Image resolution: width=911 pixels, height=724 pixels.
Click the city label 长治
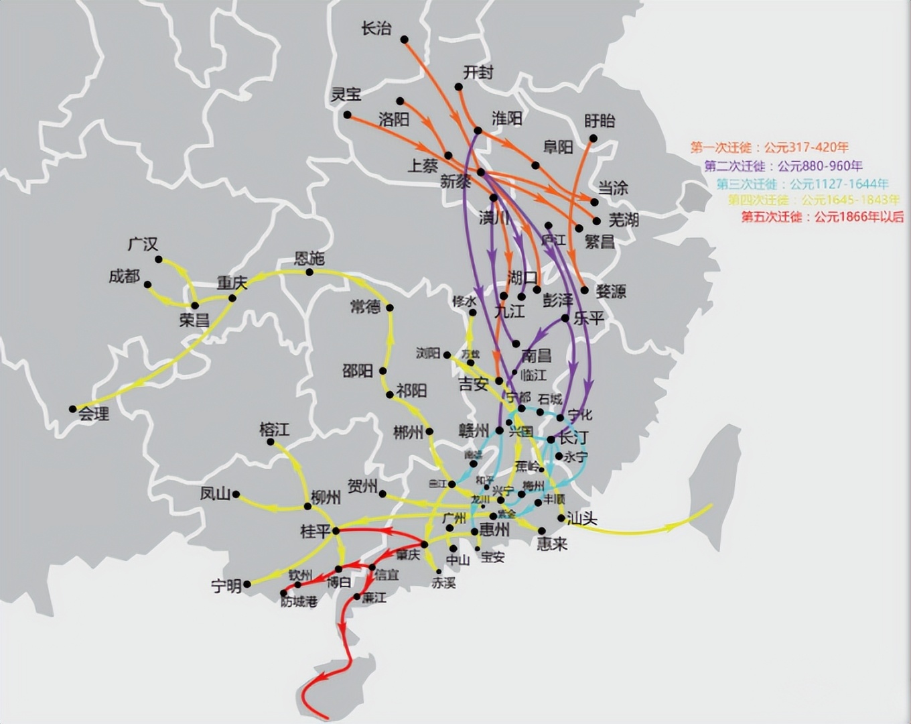click(376, 29)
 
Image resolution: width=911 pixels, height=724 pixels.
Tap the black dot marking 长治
click(405, 40)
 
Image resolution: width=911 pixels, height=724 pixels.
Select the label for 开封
click(478, 72)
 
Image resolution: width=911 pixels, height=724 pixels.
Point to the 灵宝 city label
click(346, 95)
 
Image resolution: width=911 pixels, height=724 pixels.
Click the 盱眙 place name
click(600, 121)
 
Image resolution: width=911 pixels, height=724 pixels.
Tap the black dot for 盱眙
click(593, 139)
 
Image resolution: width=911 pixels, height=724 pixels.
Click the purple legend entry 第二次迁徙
click(783, 166)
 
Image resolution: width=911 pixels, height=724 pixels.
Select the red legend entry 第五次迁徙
click(822, 217)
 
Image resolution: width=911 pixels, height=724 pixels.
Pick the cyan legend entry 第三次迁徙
click(802, 183)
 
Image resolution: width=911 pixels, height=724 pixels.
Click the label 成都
click(125, 276)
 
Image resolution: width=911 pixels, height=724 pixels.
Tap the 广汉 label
click(143, 245)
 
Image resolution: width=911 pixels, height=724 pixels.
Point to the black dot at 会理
click(73, 409)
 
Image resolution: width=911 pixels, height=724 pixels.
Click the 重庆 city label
click(232, 283)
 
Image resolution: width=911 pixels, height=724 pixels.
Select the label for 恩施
click(309, 259)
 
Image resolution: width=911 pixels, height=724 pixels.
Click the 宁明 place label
click(226, 586)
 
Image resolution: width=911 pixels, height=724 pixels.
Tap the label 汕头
click(581, 518)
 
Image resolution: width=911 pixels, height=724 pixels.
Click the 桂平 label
click(316, 532)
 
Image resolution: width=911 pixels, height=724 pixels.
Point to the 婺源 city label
click(610, 291)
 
